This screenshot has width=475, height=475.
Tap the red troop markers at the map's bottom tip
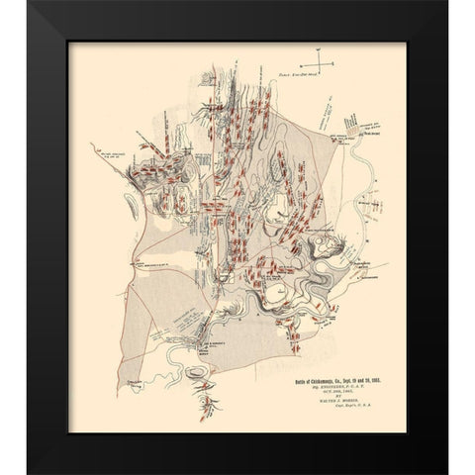[212, 403]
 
